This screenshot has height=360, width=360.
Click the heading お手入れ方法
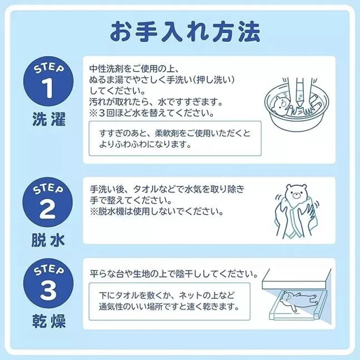[185, 31]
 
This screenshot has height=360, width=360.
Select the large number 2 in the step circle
[48, 209]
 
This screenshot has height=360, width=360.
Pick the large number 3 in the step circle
[48, 290]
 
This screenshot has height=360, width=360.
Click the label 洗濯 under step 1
[49, 119]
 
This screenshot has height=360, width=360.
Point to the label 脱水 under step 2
[48, 240]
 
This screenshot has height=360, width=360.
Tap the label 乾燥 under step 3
[49, 321]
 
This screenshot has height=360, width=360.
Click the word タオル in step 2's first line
[145, 189]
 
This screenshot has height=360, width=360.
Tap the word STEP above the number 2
[48, 189]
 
